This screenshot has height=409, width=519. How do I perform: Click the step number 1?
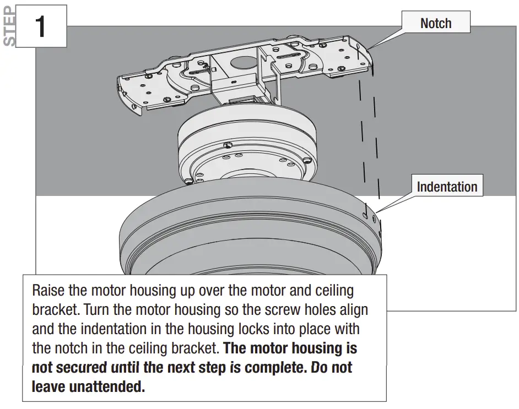40,27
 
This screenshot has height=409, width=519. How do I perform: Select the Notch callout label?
435,23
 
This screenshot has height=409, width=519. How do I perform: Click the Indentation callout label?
447,186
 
